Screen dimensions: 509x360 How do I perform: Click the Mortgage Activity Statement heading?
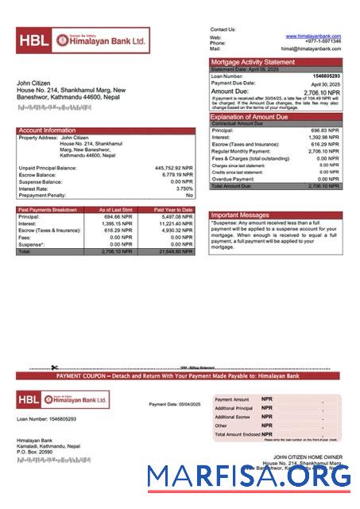click(x=252, y=61)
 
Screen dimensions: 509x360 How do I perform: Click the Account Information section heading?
click(x=47, y=130)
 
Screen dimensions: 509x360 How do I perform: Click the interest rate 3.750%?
click(x=184, y=188)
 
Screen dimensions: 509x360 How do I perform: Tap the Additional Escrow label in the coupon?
click(x=233, y=417)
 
